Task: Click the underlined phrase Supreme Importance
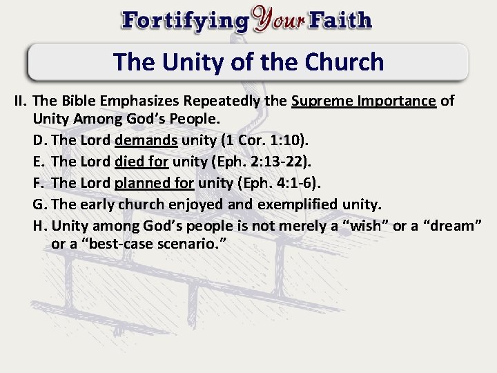pos(364,102)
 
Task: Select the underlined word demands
pos(146,141)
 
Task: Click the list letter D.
pos(40,141)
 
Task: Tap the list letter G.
pos(40,204)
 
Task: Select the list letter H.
pos(40,225)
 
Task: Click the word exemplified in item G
pos(298,204)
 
